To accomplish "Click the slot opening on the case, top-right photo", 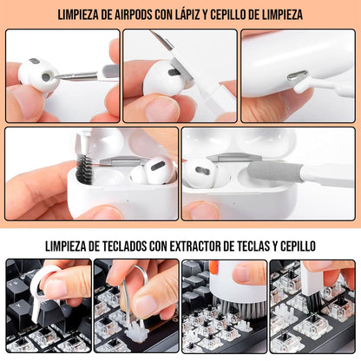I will coord(298,76).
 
